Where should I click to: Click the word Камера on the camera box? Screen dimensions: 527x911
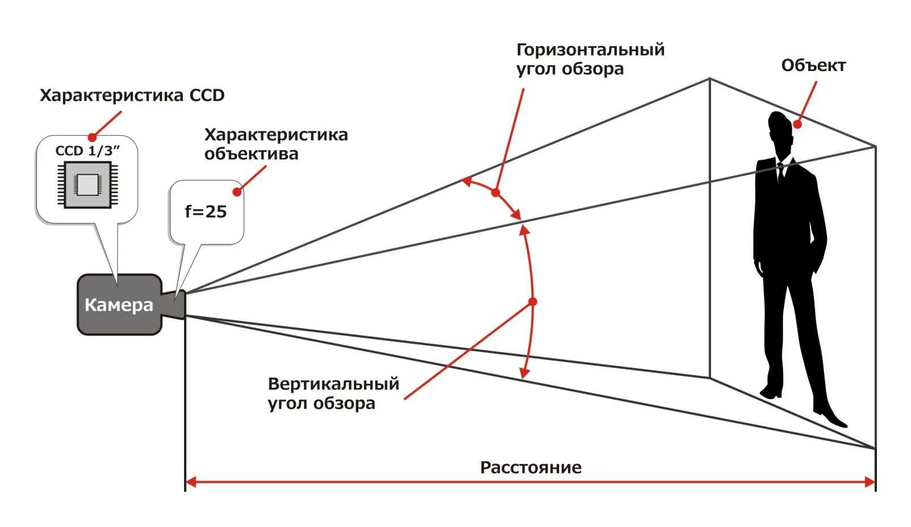point(119,305)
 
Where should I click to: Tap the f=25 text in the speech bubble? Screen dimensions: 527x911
point(206,212)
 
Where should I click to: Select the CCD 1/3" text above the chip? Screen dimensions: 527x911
point(88,150)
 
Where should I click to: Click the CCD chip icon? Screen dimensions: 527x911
point(87,184)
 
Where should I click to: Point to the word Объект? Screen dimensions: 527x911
point(813,65)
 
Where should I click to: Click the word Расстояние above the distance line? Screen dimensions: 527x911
point(530,467)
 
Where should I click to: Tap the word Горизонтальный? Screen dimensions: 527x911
point(590,50)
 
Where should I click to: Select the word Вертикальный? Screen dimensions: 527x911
point(333,384)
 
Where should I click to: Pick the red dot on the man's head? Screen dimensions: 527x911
point(797,124)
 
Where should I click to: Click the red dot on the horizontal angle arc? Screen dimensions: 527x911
point(495,193)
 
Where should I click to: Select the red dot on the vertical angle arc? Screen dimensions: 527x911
point(532,302)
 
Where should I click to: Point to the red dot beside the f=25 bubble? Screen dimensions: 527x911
point(237,191)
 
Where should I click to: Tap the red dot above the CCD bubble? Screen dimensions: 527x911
point(92,137)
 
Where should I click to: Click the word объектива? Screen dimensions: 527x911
point(251,154)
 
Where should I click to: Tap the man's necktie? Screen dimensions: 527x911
point(781,173)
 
